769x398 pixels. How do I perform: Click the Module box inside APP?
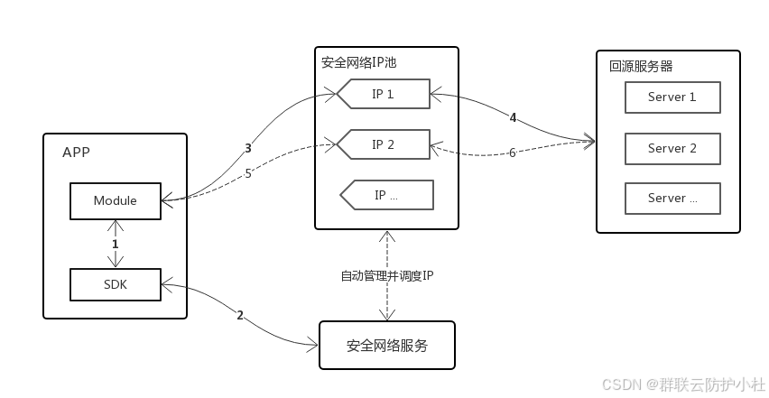point(116,201)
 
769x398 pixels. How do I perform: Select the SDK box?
point(116,284)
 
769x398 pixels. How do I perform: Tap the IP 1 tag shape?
point(383,94)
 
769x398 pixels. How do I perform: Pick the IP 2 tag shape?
point(383,144)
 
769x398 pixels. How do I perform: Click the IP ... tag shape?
point(386,195)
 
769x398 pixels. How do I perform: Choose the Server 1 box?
point(672,97)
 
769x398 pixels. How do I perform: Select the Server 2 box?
point(672,149)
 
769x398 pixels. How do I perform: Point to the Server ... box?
point(672,199)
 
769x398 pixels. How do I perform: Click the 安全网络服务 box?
point(387,346)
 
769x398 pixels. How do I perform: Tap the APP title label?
point(76,153)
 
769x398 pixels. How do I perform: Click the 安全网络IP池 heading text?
point(358,63)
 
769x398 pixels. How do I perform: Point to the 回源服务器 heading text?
point(641,66)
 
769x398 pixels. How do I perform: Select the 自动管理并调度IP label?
point(387,276)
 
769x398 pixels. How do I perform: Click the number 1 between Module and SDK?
point(116,244)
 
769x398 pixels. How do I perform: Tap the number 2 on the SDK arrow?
point(240,316)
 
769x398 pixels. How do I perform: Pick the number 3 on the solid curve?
point(248,148)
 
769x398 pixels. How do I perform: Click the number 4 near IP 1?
point(513,117)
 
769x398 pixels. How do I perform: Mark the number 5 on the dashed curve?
point(248,173)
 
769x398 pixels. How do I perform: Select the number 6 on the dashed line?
point(512,153)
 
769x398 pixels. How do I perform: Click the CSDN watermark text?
point(683,384)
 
